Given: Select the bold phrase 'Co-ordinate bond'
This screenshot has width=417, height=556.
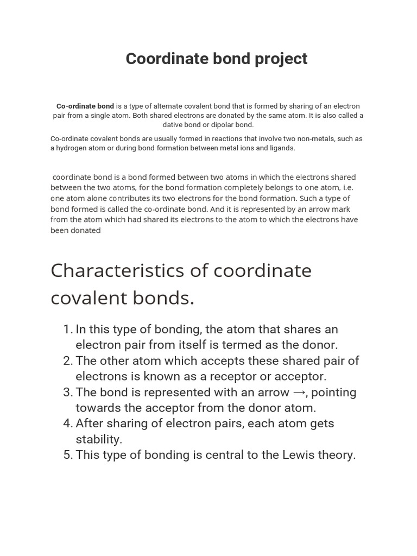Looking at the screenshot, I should tap(85, 106).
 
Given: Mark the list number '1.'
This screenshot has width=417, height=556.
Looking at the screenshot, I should tap(68, 329).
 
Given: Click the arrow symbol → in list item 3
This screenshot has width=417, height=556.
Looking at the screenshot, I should tap(299, 393).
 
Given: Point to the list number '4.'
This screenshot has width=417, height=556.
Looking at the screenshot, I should tap(68, 423).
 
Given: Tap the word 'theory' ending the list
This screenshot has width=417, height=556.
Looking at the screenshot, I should tap(337, 454).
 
